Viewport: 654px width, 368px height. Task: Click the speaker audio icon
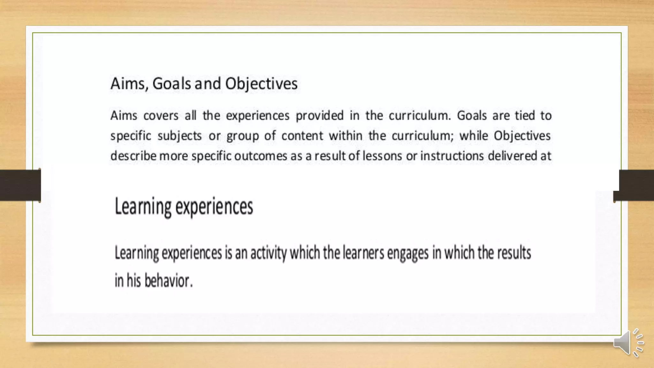(628, 343)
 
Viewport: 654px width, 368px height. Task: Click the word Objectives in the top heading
(261, 84)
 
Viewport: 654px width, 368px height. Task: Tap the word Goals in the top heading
(171, 84)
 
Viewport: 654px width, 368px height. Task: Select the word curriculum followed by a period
(420, 116)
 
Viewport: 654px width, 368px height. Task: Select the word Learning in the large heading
(143, 207)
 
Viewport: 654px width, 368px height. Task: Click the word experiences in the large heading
(214, 207)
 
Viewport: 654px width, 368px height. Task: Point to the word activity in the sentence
(268, 253)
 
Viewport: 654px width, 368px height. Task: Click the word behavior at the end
(168, 281)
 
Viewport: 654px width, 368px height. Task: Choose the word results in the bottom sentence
(514, 253)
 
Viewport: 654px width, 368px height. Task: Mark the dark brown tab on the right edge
(635, 185)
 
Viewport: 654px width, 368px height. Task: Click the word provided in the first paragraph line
(320, 116)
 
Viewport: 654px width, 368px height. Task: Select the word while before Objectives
(474, 136)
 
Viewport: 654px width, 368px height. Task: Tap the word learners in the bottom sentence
(363, 253)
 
